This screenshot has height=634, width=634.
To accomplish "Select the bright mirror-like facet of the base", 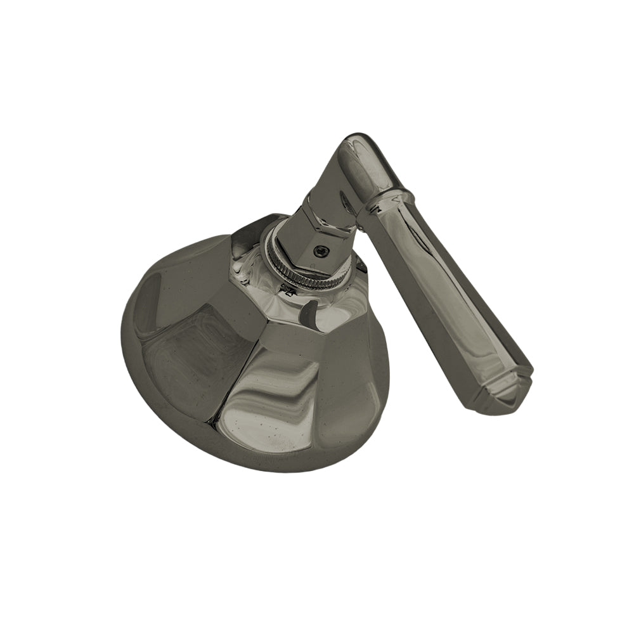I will tap(279, 393).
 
